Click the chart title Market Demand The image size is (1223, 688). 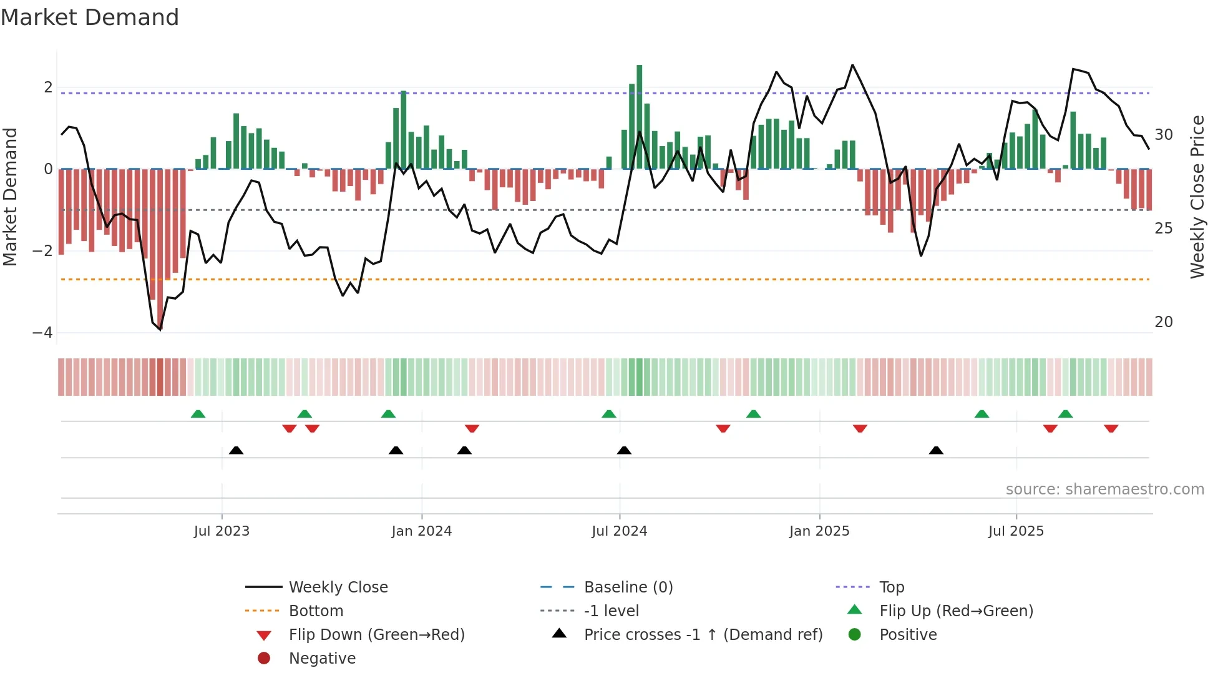[x=90, y=17]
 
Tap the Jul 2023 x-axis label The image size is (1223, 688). [x=222, y=531]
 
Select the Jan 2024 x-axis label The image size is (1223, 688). [x=421, y=531]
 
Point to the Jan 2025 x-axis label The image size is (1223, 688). [x=819, y=531]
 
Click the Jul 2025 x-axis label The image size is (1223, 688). [x=1016, y=531]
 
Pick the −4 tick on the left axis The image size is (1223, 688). [x=43, y=333]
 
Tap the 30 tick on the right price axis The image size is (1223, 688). [x=1164, y=135]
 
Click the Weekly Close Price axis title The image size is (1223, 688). [x=1197, y=197]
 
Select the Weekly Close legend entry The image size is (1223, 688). [x=338, y=587]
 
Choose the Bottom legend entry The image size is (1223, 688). [x=316, y=611]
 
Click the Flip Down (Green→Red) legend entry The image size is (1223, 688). [x=376, y=635]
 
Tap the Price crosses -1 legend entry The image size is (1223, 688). [x=703, y=635]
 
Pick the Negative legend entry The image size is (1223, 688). [x=322, y=659]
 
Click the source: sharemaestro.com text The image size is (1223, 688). [x=1104, y=489]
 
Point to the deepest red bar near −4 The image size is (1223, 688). [x=160, y=250]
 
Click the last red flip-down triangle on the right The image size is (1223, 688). [x=1111, y=428]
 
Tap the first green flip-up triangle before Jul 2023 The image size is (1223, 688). [x=198, y=414]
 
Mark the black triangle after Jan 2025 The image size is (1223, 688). [x=936, y=450]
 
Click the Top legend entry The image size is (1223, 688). [x=891, y=587]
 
